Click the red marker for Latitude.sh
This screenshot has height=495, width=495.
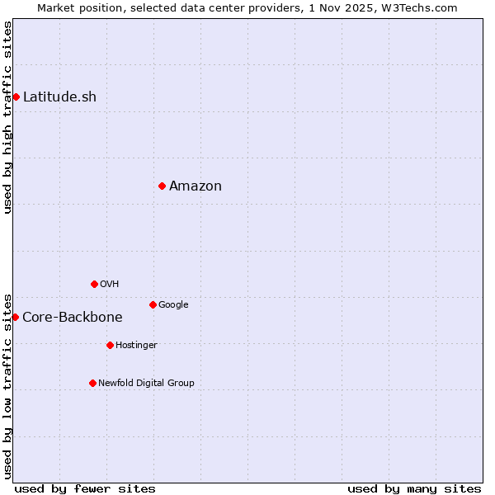[x=16, y=97]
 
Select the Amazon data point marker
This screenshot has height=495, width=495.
[x=162, y=186]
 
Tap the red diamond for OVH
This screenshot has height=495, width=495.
[x=94, y=284]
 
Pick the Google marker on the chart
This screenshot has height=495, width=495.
[x=153, y=304]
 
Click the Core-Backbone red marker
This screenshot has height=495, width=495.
[x=15, y=317]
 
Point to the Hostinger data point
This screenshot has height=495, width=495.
[x=110, y=345]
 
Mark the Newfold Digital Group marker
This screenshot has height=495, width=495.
[x=92, y=383]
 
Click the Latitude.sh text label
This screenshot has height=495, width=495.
[x=59, y=97]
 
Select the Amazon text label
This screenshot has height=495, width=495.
[x=196, y=186]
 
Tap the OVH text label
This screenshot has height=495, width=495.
[x=109, y=284]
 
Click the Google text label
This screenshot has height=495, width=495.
[x=173, y=304]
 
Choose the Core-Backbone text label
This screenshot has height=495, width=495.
[x=73, y=317]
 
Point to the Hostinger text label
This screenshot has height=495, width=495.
[x=136, y=345]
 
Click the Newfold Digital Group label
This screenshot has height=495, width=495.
[x=146, y=383]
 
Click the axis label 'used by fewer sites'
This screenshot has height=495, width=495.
[x=85, y=488]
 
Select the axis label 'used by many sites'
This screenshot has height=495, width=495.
[x=414, y=488]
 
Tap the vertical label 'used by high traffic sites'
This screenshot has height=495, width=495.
[x=7, y=117]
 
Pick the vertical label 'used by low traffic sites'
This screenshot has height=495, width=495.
[x=7, y=385]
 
